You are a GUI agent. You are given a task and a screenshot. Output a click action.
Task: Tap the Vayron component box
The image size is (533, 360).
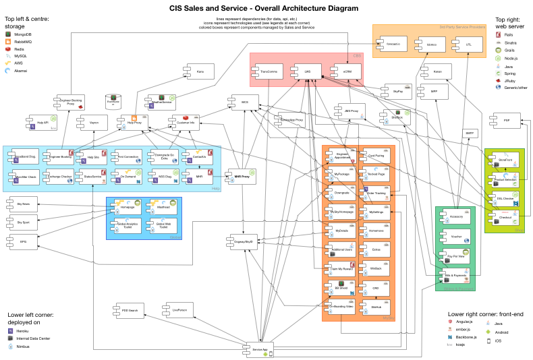(94, 123)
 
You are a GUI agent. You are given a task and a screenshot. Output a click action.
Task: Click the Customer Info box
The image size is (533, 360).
(185, 123)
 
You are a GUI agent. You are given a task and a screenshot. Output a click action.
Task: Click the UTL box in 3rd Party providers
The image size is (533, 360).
(469, 44)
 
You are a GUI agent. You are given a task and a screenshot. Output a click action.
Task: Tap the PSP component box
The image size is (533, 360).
(506, 121)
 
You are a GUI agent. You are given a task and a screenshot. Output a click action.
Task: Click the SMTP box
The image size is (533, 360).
(470, 133)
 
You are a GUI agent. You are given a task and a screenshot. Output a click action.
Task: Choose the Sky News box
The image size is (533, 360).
(24, 203)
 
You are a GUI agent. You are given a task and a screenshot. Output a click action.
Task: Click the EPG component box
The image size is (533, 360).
(24, 240)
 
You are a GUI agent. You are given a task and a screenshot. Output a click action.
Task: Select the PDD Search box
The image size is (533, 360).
(130, 311)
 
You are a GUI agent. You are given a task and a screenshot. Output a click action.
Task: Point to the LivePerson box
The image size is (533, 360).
(179, 311)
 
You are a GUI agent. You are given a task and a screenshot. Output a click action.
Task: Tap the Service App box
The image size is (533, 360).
(260, 350)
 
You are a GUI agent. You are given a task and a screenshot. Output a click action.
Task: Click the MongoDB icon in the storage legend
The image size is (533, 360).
(7, 34)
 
